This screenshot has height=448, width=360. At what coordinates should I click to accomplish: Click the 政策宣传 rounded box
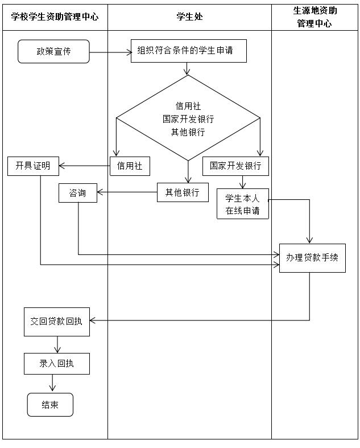[53, 51]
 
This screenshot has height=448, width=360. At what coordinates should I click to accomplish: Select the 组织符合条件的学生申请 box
[188, 51]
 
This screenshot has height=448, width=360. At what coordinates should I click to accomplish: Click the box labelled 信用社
[130, 166]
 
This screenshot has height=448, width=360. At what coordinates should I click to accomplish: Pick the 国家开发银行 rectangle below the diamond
[235, 166]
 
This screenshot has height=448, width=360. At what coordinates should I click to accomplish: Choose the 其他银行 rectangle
[183, 192]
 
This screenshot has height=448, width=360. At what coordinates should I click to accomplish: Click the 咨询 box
[78, 193]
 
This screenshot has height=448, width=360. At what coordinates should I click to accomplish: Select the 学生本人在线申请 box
[242, 204]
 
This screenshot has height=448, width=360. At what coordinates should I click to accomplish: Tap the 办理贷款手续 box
[312, 257]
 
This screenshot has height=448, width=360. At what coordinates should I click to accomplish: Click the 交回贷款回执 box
[56, 321]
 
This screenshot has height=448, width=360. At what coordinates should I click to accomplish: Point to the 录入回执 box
[56, 363]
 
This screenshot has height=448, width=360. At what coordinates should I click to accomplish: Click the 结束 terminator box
[50, 405]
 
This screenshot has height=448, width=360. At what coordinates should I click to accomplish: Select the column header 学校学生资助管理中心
[55, 17]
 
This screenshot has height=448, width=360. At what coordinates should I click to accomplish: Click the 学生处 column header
[189, 17]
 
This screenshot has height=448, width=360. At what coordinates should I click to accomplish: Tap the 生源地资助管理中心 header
[315, 17]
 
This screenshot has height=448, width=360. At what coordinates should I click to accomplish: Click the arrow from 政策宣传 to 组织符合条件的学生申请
[110, 53]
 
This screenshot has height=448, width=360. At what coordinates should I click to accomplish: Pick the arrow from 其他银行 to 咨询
[127, 192]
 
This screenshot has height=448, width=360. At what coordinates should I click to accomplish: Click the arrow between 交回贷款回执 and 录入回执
[57, 344]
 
